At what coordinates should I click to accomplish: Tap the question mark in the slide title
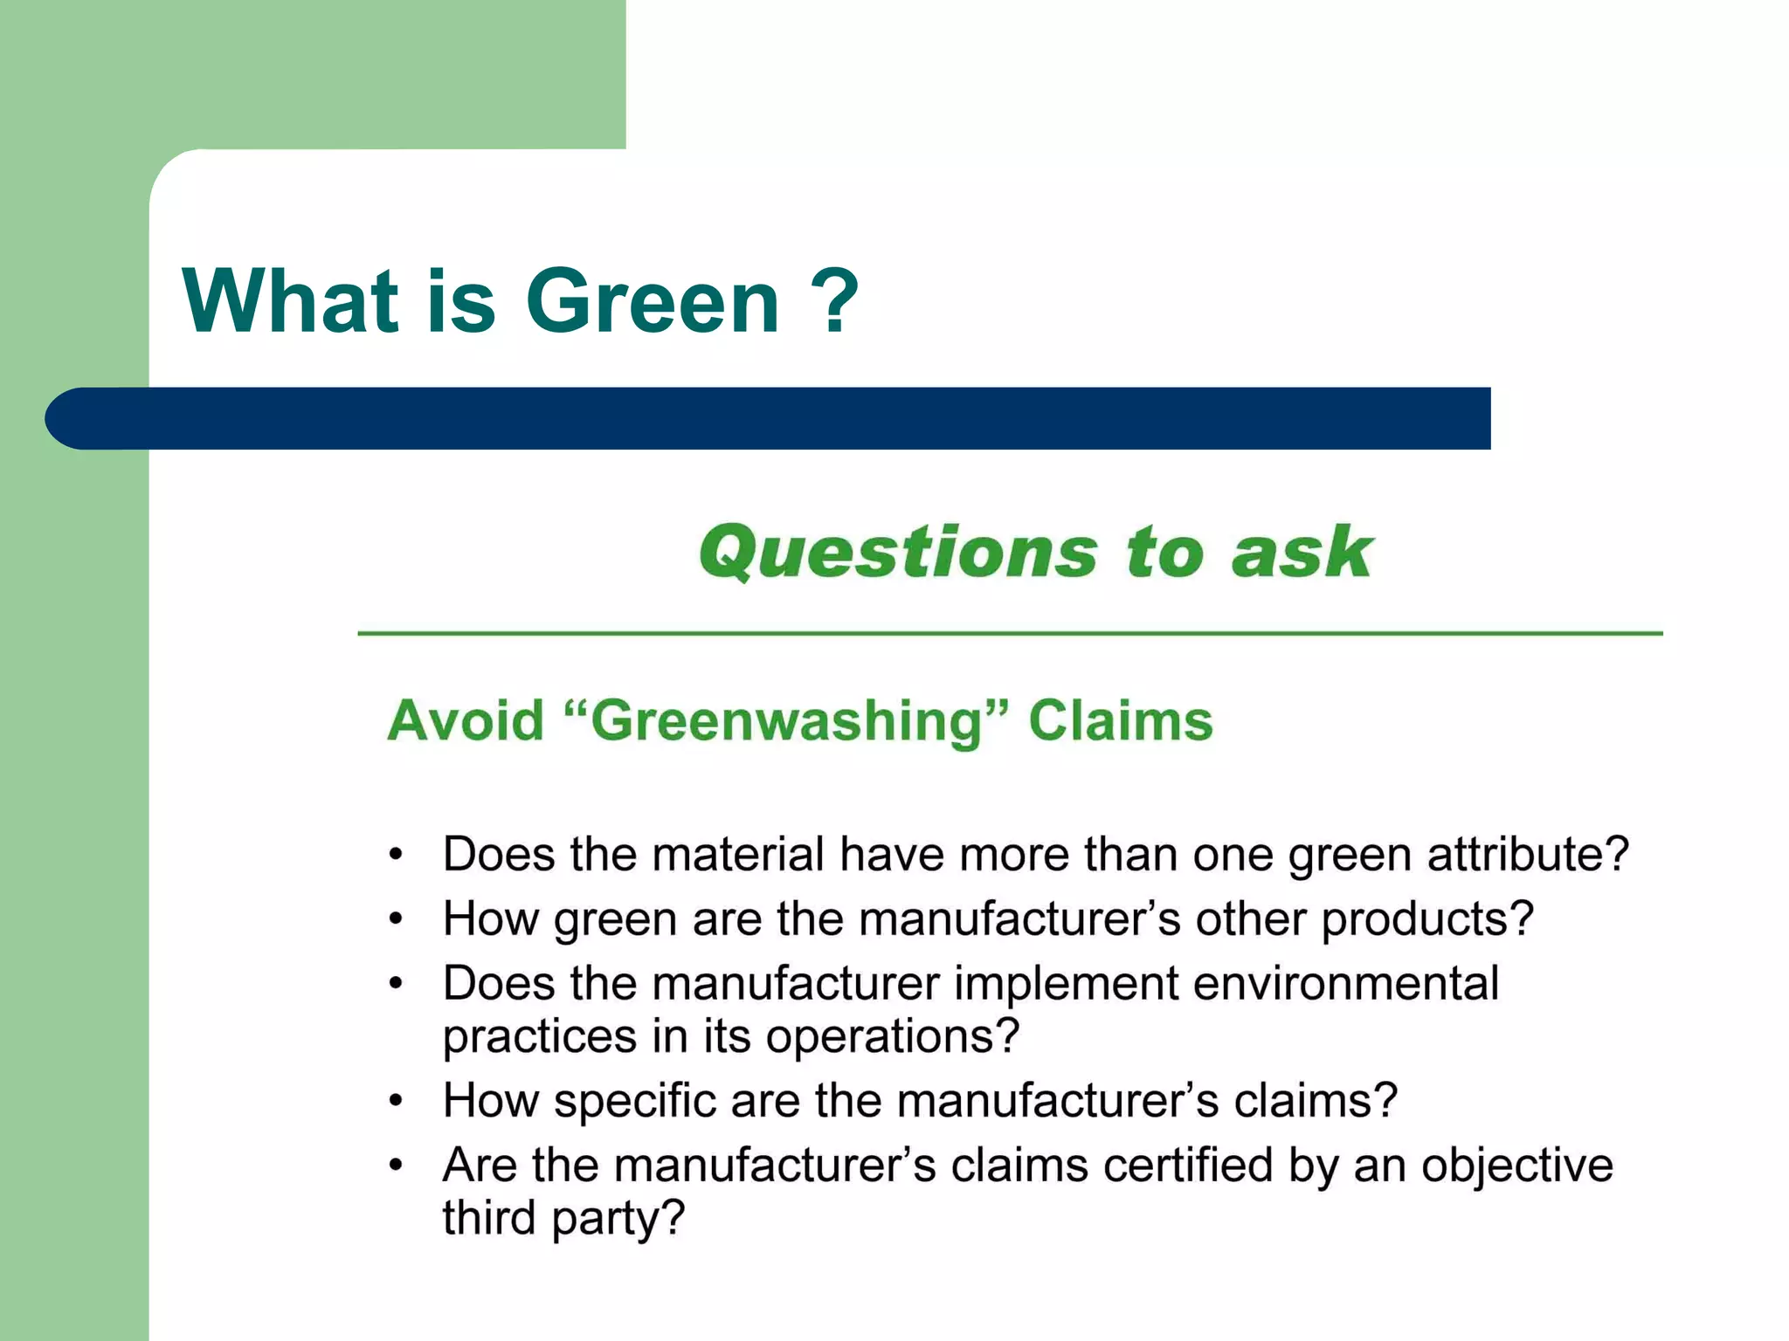tap(839, 301)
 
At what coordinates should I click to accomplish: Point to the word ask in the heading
tap(1302, 552)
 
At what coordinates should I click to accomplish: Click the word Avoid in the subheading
tap(466, 721)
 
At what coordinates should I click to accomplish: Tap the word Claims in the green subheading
tap(1121, 721)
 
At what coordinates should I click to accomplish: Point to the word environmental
tap(1346, 984)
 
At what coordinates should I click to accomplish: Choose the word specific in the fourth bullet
tap(635, 1101)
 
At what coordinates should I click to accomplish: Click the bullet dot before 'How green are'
tap(397, 919)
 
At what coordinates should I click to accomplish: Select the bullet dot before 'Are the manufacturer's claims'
tap(397, 1166)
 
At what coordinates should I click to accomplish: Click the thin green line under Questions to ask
tap(1010, 633)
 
